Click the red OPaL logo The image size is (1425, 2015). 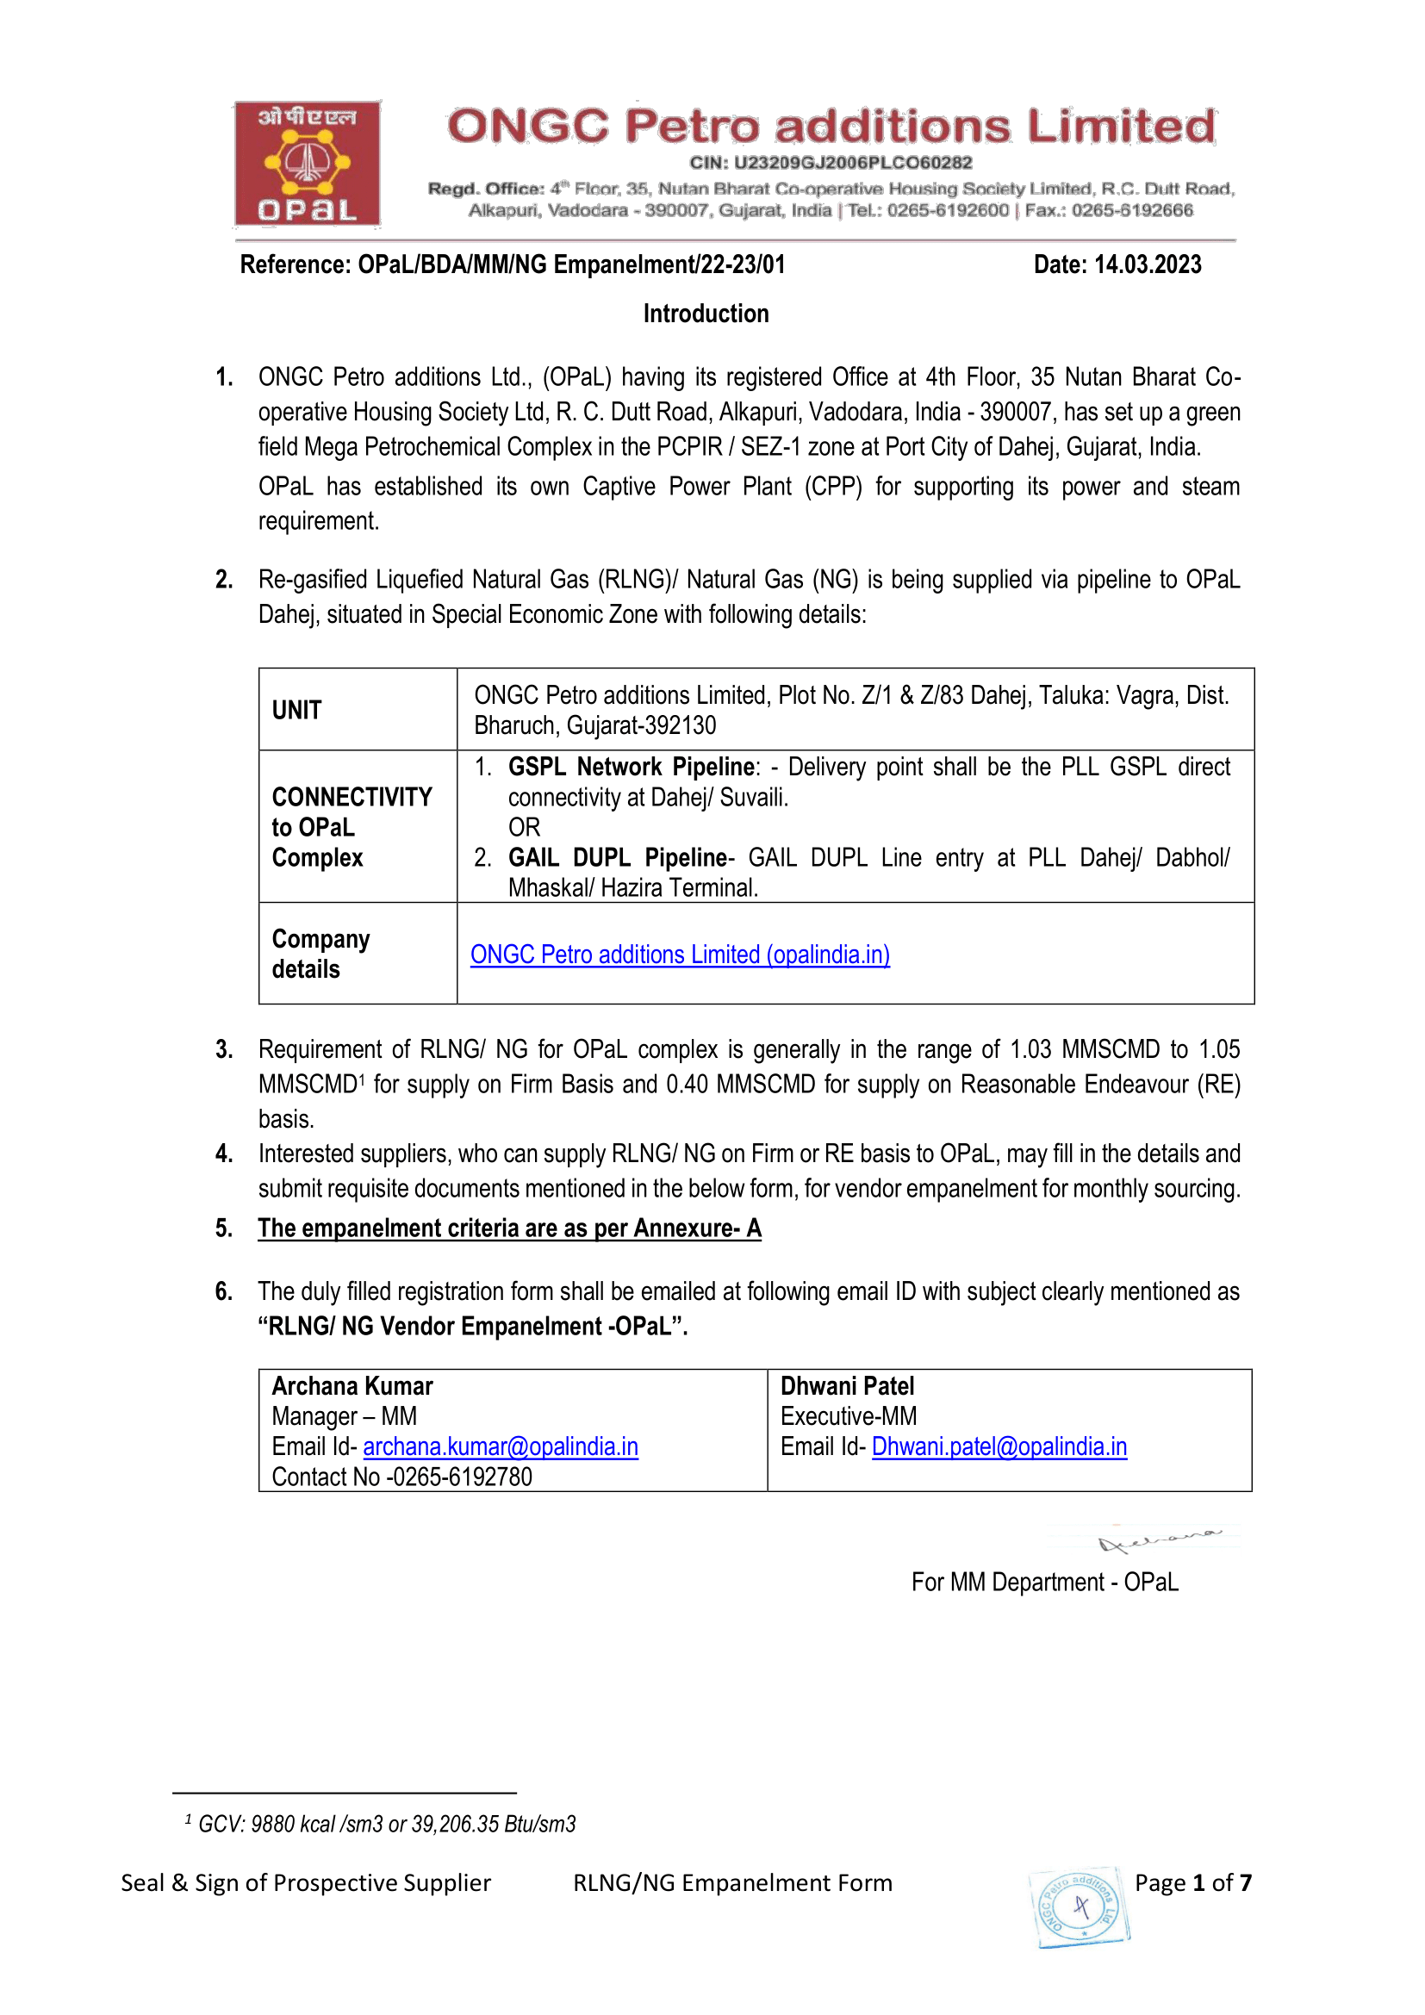pos(307,165)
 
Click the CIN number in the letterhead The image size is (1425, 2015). pos(830,162)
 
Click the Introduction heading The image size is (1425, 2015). pos(706,314)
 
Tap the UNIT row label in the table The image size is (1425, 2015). pos(296,710)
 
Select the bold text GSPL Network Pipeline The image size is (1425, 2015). pos(631,767)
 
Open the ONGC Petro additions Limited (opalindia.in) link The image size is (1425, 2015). pos(680,954)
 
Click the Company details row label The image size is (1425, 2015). pos(320,954)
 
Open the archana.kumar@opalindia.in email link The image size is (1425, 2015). pos(501,1446)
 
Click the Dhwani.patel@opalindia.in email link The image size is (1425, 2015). pos(999,1446)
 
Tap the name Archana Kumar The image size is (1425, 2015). pos(352,1386)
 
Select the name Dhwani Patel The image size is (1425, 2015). pos(847,1386)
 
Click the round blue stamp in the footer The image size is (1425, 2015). pos(1080,1907)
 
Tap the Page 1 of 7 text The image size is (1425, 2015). pos(1192,1882)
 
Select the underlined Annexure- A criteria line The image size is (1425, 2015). pos(509,1228)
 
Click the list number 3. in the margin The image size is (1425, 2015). pos(224,1049)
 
